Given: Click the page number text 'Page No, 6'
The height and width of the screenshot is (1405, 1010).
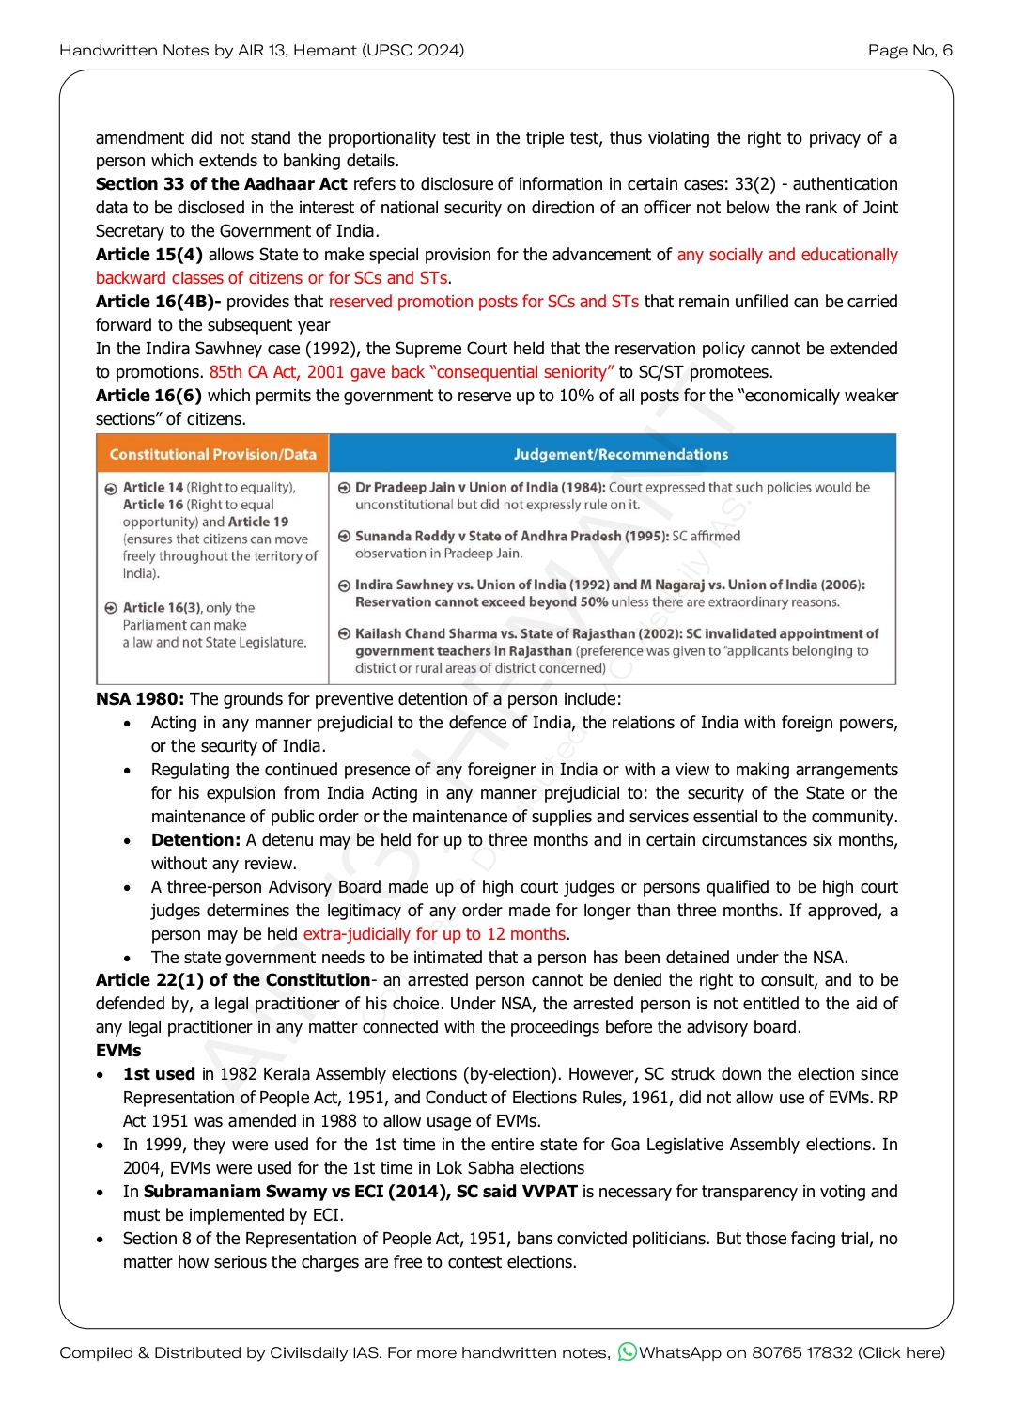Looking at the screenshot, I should pos(909,50).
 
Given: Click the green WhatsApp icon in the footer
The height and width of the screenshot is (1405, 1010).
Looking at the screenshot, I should pos(627,1352).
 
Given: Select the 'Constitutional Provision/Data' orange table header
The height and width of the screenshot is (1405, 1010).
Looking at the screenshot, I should pos(212,454).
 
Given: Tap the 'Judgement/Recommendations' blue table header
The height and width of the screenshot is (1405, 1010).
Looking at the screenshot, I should pos(620,454).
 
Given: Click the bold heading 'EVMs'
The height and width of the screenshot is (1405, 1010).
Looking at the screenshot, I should pos(118,1051).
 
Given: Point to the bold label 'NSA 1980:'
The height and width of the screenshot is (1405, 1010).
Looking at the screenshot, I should pos(140,699).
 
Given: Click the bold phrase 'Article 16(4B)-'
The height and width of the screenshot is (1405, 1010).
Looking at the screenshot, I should pos(158,302).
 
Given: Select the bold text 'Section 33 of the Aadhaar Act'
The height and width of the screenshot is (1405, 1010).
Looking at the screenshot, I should pos(221,184).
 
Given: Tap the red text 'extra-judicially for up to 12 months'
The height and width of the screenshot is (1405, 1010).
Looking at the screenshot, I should pos(434,934).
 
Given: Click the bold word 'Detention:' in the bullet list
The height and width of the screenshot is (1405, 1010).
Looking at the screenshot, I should pos(195,840).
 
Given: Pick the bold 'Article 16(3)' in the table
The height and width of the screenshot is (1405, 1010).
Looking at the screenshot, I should pos(162,608).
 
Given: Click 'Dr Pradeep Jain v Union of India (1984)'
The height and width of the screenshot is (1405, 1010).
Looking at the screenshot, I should pos(479,488).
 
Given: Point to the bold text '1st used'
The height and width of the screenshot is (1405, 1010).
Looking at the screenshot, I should pos(159,1074).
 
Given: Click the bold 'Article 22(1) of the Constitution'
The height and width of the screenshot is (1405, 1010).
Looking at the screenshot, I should pos(233,980).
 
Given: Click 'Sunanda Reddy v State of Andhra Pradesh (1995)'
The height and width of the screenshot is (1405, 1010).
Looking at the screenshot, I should pos(512,537).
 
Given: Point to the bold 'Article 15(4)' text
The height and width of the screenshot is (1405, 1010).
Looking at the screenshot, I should pos(148,255).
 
